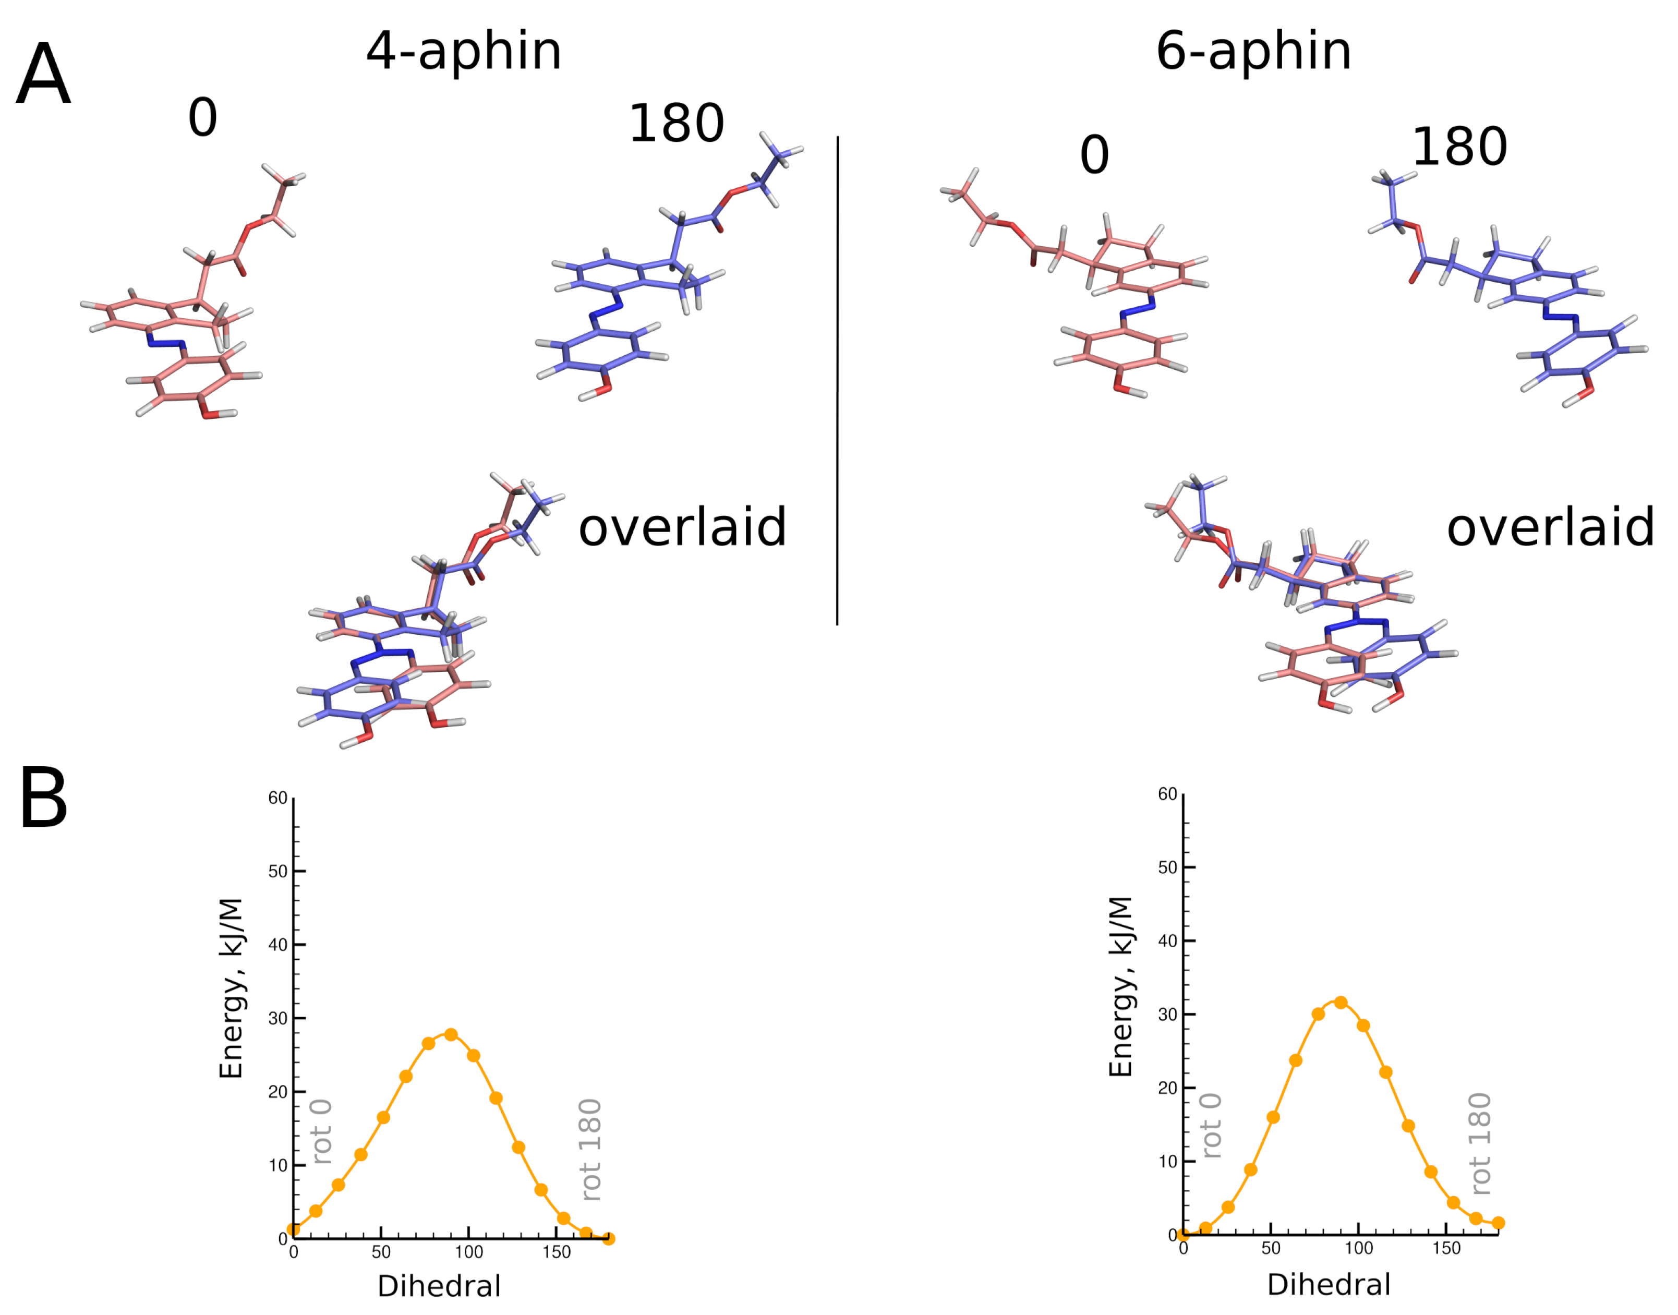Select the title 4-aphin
point(463,52)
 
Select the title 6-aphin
point(1253,52)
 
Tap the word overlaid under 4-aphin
point(682,528)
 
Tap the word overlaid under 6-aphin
point(1550,528)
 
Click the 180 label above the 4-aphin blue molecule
point(676,124)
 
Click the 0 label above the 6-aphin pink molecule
point(1094,155)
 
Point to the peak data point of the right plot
point(1340,1002)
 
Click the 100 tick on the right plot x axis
point(1359,1248)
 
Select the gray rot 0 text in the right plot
point(1211,1126)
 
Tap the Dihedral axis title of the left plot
point(439,1286)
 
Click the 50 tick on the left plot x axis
point(381,1252)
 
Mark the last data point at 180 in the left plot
point(608,1238)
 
